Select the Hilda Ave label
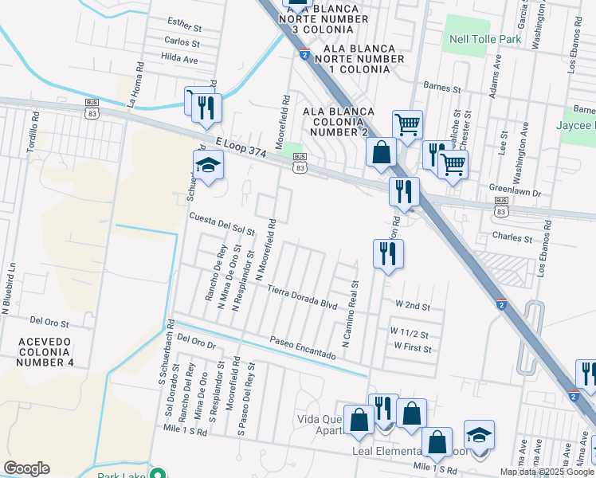(x=179, y=59)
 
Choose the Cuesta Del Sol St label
(x=221, y=223)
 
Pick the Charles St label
(x=512, y=237)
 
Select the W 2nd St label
(x=413, y=306)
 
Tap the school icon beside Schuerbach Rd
(x=208, y=165)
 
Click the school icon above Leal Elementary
(x=479, y=435)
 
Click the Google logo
(x=27, y=468)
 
